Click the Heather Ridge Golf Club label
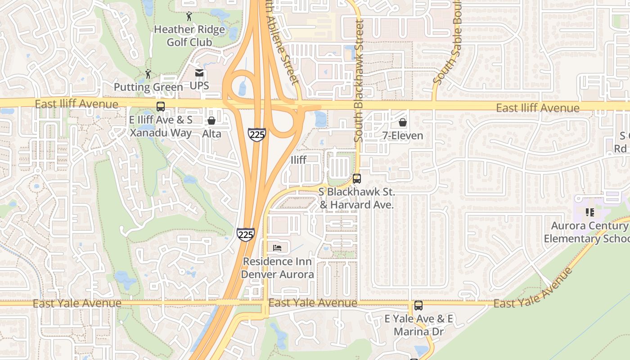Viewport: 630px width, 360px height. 189,36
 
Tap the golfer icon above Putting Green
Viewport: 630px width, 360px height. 148,74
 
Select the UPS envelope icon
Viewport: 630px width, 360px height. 199,73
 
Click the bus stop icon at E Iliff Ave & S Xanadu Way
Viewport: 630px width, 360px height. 161,107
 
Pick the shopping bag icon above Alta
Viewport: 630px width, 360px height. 211,121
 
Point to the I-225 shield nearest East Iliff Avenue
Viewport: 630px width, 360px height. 256,135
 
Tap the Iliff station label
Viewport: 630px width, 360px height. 299,160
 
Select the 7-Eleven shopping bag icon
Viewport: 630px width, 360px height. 403,122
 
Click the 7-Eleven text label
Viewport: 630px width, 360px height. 403,135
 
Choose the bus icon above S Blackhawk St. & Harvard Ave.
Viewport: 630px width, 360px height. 357,179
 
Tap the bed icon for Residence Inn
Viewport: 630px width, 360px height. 278,248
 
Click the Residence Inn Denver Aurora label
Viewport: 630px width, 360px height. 278,268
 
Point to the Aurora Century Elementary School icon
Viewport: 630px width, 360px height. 589,212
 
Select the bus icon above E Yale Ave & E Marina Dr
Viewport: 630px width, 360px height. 418,306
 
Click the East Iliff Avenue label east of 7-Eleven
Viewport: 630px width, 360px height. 538,108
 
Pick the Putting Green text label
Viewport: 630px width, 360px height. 148,87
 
